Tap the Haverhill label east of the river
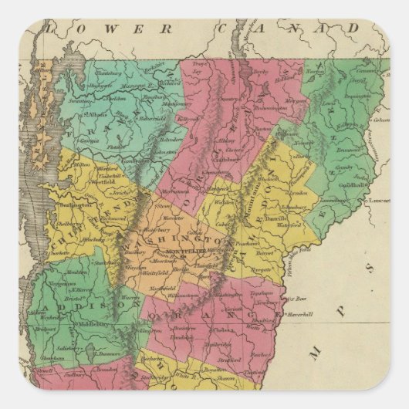tap(302, 314)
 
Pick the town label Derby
tap(259, 71)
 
